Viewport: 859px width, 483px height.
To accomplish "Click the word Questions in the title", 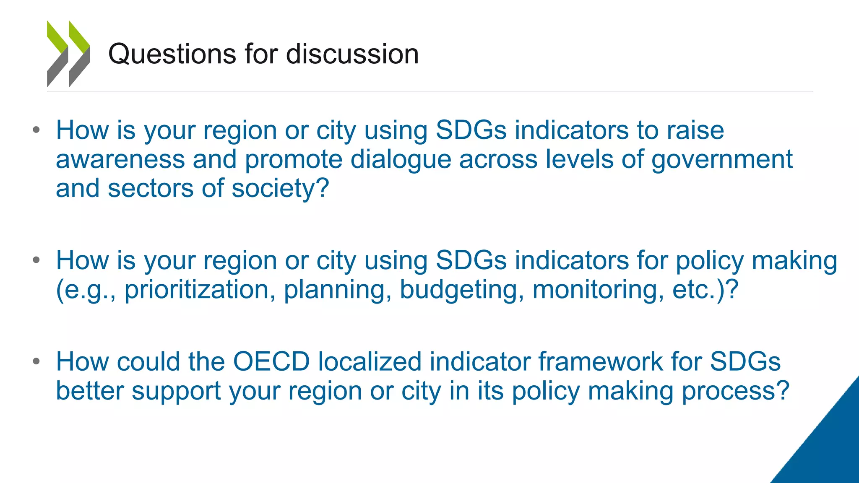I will pos(172,55).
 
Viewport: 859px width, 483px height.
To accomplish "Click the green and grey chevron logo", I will pos(68,54).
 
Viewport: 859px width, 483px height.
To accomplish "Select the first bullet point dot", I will pos(36,130).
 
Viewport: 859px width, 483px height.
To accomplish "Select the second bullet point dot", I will pos(36,260).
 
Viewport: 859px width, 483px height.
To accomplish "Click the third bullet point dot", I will pos(36,361).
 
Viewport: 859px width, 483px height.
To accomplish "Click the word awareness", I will pos(120,160).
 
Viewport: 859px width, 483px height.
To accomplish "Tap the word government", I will pos(722,160).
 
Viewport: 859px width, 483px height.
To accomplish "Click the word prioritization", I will pos(197,289).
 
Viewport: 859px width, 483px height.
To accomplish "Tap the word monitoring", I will pos(598,289).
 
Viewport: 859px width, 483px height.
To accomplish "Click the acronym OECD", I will pos(271,361).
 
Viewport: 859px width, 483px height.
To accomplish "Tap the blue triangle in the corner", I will pos(826,444).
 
